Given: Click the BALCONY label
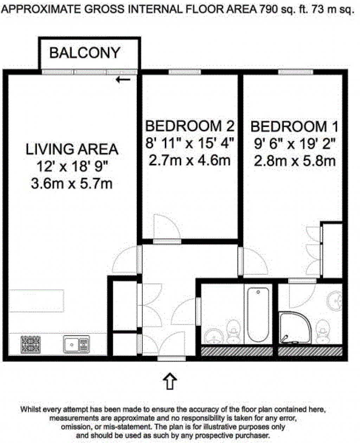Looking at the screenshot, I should click(x=85, y=53).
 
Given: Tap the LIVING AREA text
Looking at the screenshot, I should click(x=72, y=149).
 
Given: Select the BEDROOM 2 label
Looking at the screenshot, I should click(x=189, y=125).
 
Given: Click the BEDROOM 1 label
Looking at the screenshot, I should click(x=294, y=126).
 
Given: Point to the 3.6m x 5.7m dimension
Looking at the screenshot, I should click(x=72, y=184).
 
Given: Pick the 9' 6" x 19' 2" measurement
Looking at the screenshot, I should click(x=294, y=143).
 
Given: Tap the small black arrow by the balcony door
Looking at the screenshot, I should click(x=123, y=80).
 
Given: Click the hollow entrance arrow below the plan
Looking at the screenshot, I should click(x=171, y=381).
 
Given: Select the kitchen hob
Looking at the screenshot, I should click(x=31, y=344).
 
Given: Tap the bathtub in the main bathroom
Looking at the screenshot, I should click(x=258, y=314).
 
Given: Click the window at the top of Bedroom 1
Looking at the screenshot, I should click(x=296, y=72).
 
